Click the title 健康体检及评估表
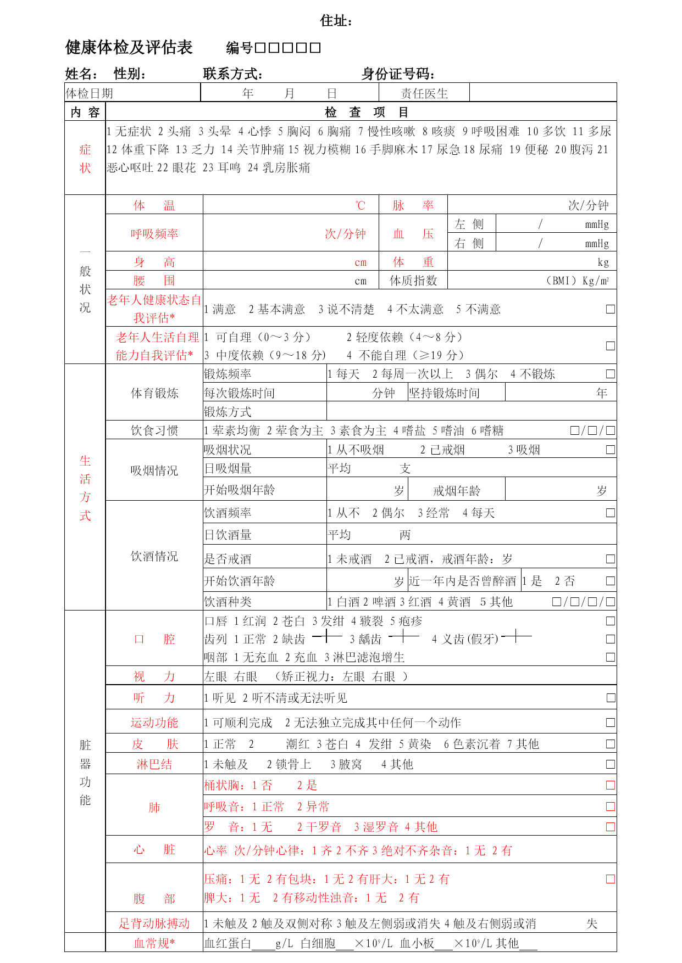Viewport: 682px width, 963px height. tap(129, 48)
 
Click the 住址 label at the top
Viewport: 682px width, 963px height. tap(336, 21)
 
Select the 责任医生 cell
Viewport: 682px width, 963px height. tap(424, 93)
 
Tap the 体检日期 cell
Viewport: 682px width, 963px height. tap(90, 93)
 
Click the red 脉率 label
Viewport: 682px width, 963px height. tap(413, 205)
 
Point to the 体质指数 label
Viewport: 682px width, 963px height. tap(413, 281)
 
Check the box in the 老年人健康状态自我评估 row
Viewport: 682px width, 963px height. tap(610, 309)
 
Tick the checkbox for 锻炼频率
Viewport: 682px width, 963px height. tap(610, 374)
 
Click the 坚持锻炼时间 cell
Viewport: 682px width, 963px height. tap(444, 393)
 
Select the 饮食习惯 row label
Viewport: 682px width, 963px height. tap(154, 430)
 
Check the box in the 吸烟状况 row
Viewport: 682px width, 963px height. tap(610, 450)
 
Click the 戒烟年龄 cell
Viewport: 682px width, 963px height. tap(456, 490)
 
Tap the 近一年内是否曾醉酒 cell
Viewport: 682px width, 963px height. tap(463, 581)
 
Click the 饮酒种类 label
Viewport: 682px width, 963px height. tap(228, 602)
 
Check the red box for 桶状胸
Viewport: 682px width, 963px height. tap(610, 785)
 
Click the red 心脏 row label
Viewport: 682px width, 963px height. tap(154, 850)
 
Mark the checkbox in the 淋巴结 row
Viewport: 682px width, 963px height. tap(610, 764)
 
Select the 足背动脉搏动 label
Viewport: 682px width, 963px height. tap(154, 923)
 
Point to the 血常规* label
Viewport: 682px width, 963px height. tap(154, 943)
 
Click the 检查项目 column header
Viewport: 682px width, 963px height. tap(366, 113)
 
